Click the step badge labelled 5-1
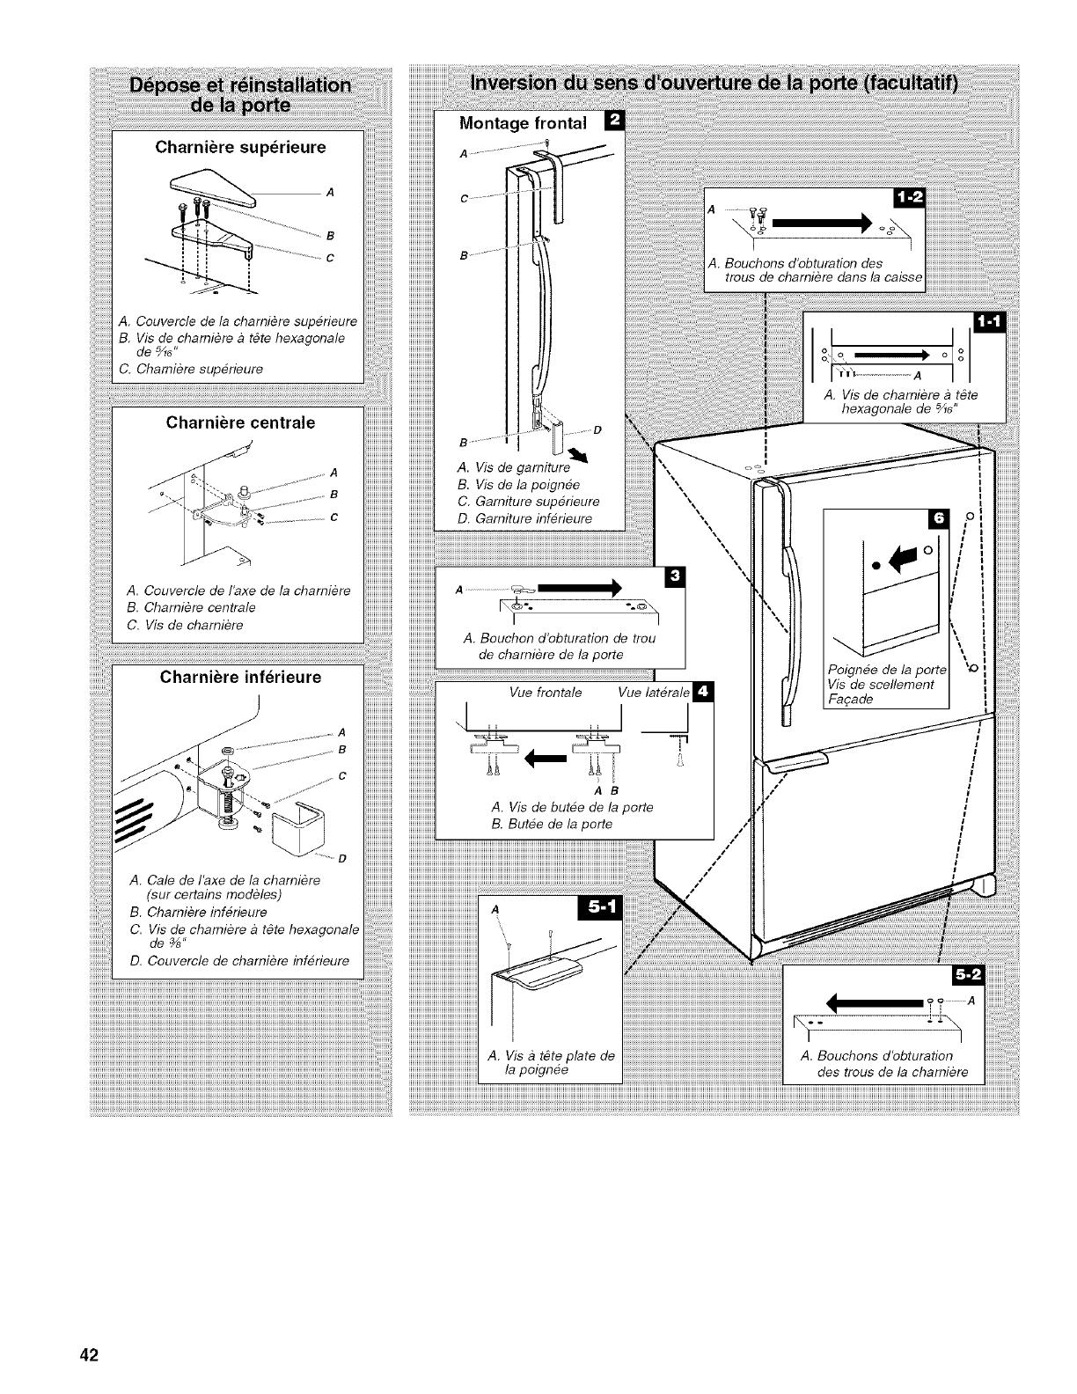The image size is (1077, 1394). (x=597, y=908)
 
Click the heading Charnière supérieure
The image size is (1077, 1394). (x=240, y=147)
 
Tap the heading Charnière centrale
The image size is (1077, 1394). (x=240, y=422)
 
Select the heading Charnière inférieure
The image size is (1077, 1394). (x=240, y=678)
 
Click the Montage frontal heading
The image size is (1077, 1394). (x=523, y=123)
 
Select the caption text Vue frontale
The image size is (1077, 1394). (x=546, y=693)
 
